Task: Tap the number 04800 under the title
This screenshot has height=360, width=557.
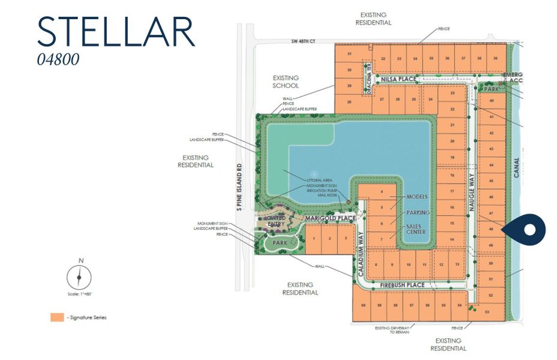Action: pyautogui.click(x=58, y=60)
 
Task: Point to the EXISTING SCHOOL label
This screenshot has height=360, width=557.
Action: pyautogui.click(x=285, y=82)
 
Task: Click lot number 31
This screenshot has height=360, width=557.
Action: pyautogui.click(x=348, y=55)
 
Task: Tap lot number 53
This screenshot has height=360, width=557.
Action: pyautogui.click(x=487, y=312)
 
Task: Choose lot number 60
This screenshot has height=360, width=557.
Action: pyautogui.click(x=363, y=305)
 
